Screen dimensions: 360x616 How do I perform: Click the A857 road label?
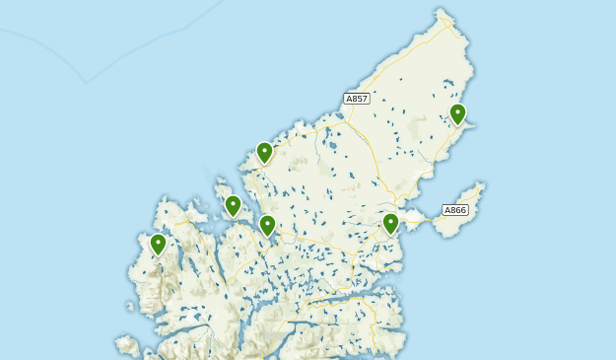(x=356, y=99)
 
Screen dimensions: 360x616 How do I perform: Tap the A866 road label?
(x=454, y=210)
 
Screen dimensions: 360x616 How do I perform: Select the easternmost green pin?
(x=457, y=114)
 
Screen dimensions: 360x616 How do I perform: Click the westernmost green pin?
(x=158, y=244)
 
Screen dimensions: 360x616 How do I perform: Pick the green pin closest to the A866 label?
(x=390, y=224)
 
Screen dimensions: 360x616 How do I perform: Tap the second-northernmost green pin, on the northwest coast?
(x=264, y=152)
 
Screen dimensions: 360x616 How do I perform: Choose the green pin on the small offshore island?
(x=233, y=205)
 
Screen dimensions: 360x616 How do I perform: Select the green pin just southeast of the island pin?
(x=267, y=226)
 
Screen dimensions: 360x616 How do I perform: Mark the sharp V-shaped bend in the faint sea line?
(x=87, y=83)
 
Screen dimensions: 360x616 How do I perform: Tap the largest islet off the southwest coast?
(x=127, y=344)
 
